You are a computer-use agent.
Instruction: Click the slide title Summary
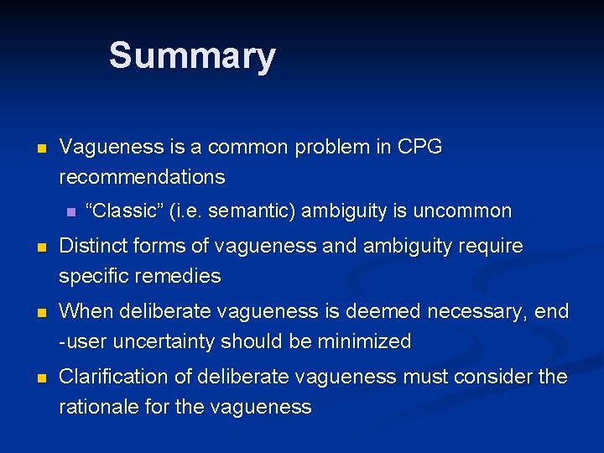191,56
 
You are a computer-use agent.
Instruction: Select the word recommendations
142,177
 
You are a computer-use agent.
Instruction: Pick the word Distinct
91,246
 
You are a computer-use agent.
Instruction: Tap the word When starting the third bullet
84,312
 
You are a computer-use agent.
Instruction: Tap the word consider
493,377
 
